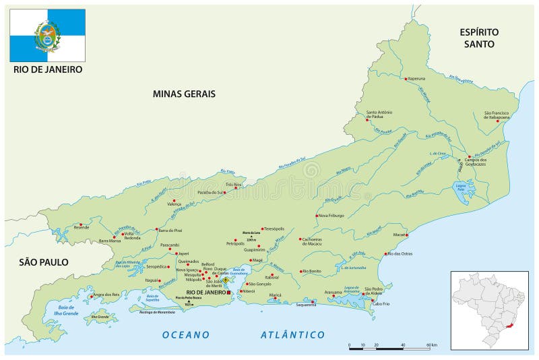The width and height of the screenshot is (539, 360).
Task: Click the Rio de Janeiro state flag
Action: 47,36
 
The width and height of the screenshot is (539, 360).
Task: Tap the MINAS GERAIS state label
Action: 184,94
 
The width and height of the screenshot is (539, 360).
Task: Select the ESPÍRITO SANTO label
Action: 479,38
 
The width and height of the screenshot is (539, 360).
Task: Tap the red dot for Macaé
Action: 406,235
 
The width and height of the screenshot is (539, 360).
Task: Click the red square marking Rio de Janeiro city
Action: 228,293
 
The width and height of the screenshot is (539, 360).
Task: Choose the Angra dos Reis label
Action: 106,295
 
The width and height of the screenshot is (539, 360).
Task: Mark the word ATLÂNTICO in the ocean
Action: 292,334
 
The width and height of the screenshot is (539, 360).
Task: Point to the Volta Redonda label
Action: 132,236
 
